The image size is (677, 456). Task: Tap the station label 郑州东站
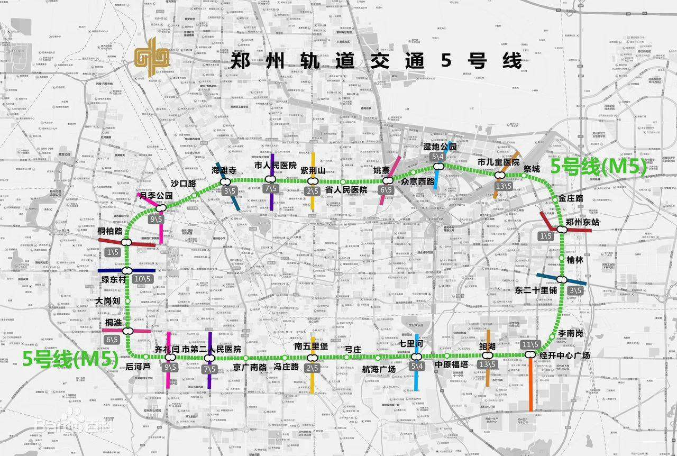point(583,222)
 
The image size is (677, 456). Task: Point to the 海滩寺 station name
point(223,170)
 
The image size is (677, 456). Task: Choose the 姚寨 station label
point(382,170)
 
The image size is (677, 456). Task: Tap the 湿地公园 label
point(440,147)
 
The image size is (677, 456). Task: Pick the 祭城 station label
point(532,169)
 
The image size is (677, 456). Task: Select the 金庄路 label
point(571,198)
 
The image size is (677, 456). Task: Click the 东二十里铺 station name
point(536,290)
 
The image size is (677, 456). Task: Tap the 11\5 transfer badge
point(530,345)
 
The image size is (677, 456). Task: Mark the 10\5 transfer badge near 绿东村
point(142,279)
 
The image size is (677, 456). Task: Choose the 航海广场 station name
point(379,369)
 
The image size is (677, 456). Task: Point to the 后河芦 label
point(138,366)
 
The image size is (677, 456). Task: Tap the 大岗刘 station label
point(108,301)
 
